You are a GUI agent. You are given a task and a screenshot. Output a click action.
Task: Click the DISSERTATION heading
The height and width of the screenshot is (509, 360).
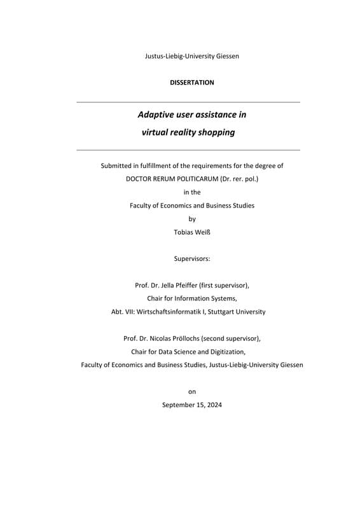192,83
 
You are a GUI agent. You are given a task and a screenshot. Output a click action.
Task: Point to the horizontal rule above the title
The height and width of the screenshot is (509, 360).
188,102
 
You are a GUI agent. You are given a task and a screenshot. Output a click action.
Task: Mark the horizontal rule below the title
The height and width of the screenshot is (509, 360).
188,150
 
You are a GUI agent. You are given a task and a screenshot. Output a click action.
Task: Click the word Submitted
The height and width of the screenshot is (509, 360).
119,166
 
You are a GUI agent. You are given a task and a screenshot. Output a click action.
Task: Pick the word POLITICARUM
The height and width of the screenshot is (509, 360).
190,179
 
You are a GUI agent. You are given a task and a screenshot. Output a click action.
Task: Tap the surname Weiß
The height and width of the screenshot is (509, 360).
201,232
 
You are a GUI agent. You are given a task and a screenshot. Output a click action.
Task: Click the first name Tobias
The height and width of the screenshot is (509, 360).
184,232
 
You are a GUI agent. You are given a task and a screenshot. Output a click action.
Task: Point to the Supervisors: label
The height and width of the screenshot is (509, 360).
192,259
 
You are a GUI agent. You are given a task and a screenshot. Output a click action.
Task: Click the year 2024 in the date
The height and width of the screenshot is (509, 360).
213,405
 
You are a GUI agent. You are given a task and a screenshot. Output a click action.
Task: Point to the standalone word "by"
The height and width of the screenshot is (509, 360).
192,219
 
